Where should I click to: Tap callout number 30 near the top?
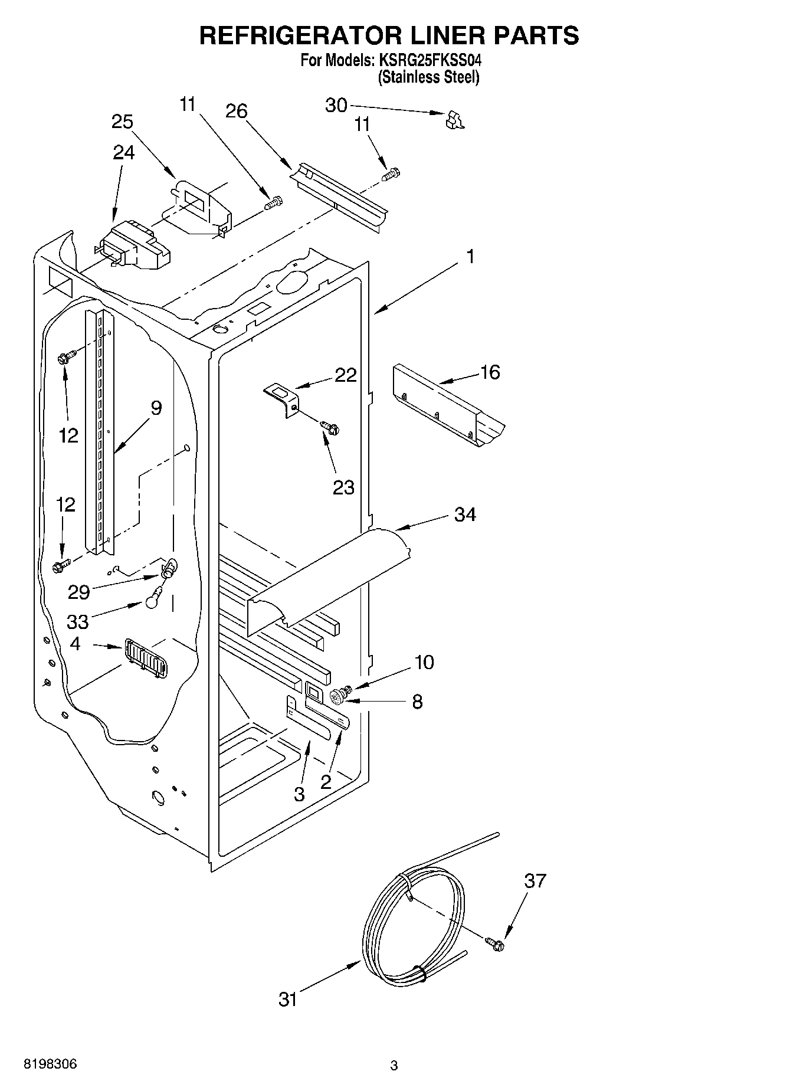(336, 105)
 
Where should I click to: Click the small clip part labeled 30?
(454, 119)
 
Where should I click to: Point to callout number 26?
(237, 111)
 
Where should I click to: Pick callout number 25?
(122, 122)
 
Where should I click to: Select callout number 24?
(123, 152)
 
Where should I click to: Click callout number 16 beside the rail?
(490, 372)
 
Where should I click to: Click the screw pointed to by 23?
(329, 426)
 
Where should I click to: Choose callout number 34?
(465, 515)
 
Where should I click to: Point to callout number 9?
(156, 408)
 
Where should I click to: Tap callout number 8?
(417, 702)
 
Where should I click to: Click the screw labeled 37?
(496, 943)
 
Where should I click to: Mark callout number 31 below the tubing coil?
(287, 999)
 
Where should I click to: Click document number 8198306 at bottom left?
(50, 1064)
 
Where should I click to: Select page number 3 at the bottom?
(394, 1066)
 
